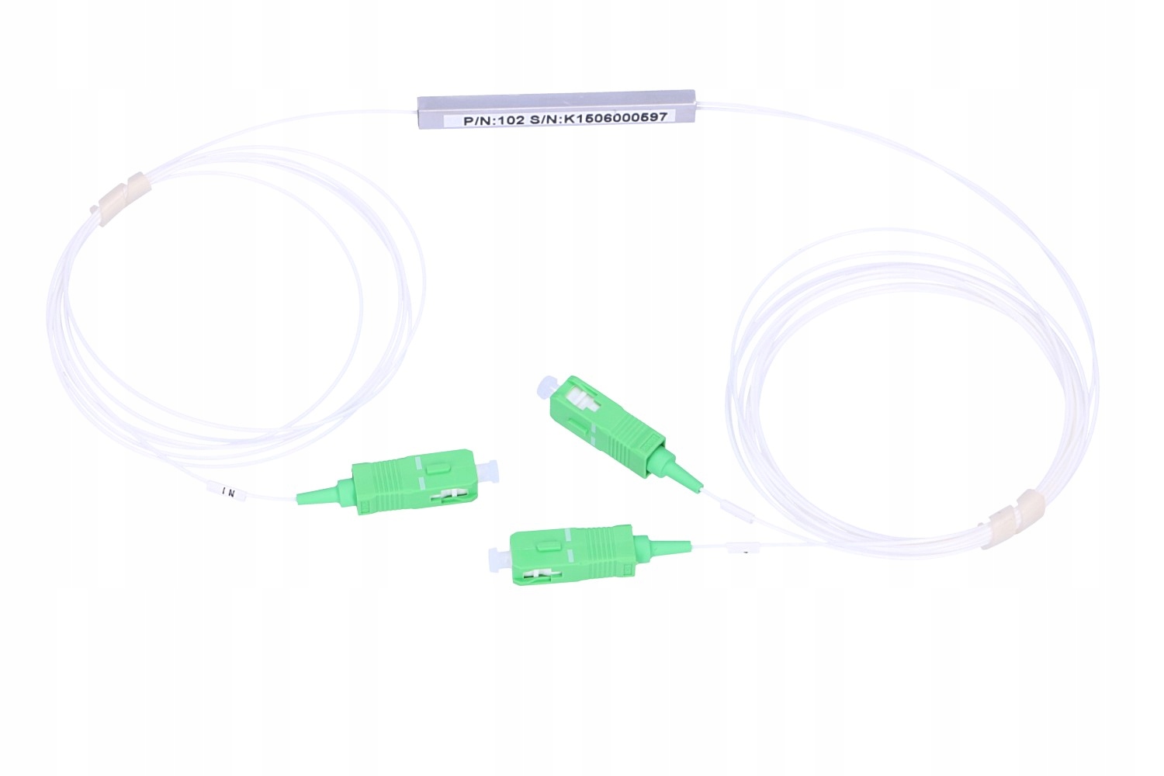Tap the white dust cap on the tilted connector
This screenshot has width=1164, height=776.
pos(547,387)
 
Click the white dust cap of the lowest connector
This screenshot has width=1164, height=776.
pos(496,557)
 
